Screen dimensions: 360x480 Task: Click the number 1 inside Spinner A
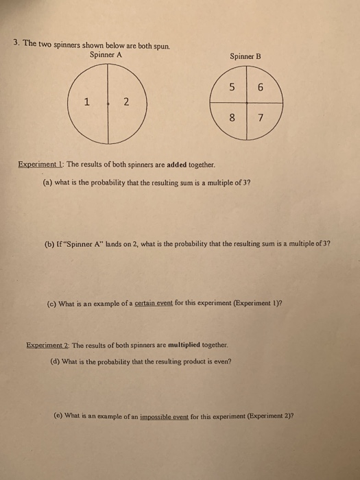tap(86, 103)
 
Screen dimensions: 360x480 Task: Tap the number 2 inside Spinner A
tap(126, 103)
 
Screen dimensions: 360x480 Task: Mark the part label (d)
tap(55, 361)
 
